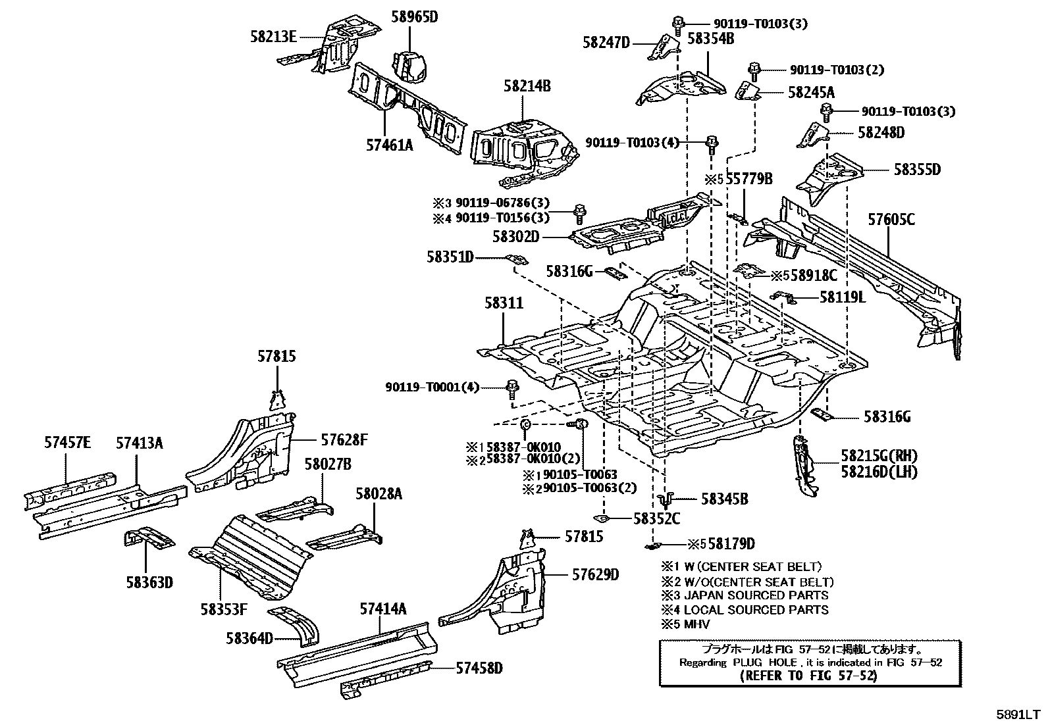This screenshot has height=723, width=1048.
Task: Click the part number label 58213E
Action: (x=273, y=37)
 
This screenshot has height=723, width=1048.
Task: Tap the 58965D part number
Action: (x=415, y=18)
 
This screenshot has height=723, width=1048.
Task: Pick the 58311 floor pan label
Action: (x=504, y=303)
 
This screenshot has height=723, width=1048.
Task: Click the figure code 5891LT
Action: (x=1018, y=712)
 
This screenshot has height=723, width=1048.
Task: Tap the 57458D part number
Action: (x=479, y=668)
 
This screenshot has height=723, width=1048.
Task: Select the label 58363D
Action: (x=150, y=582)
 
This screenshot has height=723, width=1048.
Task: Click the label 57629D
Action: (x=595, y=574)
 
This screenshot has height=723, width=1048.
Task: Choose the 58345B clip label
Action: (x=724, y=499)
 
